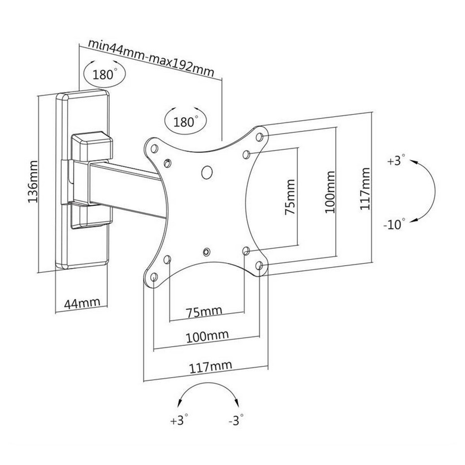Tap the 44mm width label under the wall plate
pos(82,303)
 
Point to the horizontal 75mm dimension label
pos(204,311)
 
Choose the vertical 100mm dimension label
pos(329,192)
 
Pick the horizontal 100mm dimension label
pos(207,335)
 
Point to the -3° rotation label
pos(236,420)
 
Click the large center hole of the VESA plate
pos(208,172)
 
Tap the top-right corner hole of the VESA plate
pos(260,137)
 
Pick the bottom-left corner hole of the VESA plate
pos(154,277)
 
